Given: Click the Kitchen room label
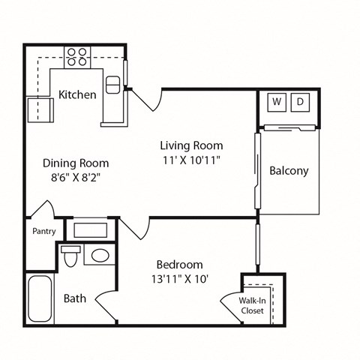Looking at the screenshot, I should tap(77, 94).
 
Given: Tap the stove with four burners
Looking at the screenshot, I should tap(77, 57).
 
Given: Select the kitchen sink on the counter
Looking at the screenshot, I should tap(114, 85).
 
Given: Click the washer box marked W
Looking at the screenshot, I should tap(277, 101).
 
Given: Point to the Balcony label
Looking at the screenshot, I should tap(289, 171).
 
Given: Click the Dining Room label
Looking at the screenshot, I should tap(75, 163).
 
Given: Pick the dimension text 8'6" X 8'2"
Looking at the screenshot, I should tap(75, 178).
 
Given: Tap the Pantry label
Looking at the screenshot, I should tap(43, 231).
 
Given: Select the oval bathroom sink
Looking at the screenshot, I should tap(97, 256).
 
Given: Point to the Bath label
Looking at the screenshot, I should tap(74, 298).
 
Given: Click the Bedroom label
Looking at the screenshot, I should tap(179, 265).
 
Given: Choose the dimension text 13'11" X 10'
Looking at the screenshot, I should tap(179, 280).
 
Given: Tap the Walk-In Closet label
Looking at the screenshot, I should tap(251, 305).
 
